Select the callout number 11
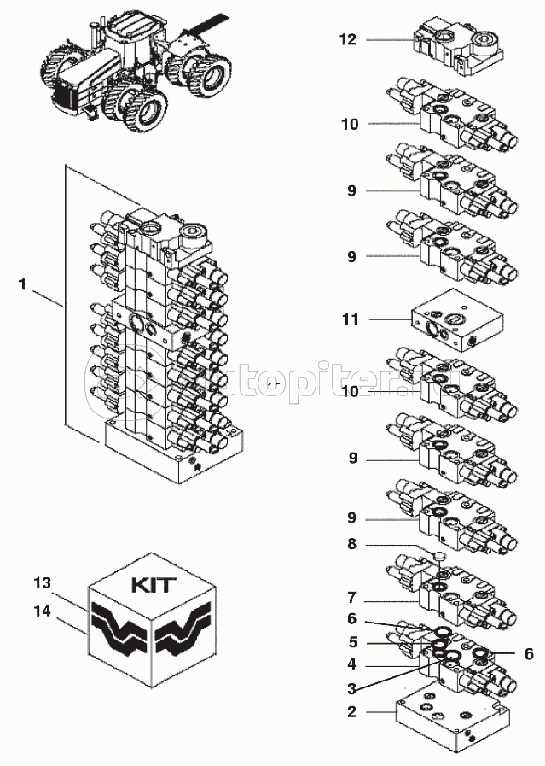pyautogui.click(x=350, y=319)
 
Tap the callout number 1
pyautogui.click(x=22, y=284)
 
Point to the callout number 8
pyautogui.click(x=351, y=543)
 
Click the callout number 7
pyautogui.click(x=351, y=598)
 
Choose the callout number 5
pyautogui.click(x=351, y=642)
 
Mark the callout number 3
pyautogui.click(x=351, y=688)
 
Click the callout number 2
pyautogui.click(x=351, y=711)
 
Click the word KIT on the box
pyautogui.click(x=154, y=587)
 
